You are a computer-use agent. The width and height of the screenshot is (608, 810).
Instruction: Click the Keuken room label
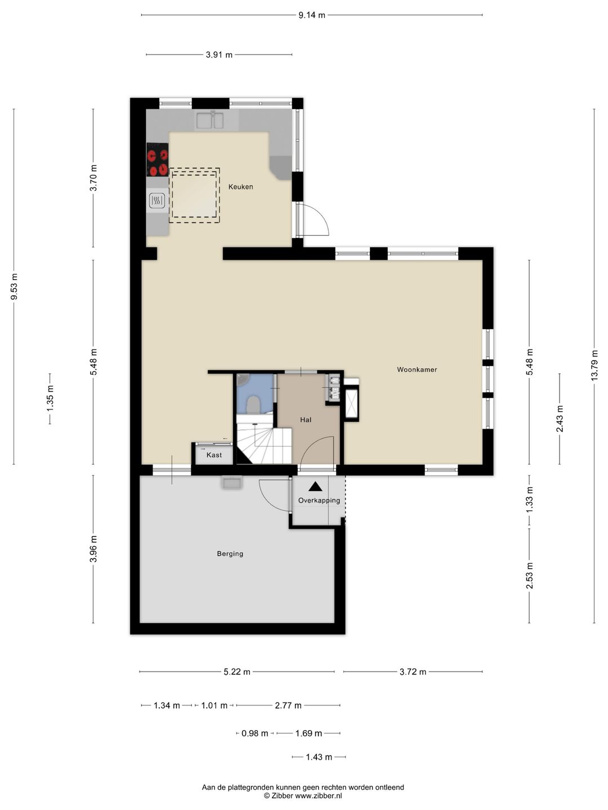[x=241, y=187]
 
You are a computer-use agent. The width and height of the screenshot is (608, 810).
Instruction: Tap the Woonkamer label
[x=417, y=370]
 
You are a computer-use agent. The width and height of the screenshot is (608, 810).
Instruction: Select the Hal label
[x=306, y=420]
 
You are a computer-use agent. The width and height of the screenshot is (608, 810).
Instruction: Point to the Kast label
[x=214, y=455]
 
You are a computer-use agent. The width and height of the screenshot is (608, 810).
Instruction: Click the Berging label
[x=230, y=553]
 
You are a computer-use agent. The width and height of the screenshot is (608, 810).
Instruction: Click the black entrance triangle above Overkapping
[x=315, y=487]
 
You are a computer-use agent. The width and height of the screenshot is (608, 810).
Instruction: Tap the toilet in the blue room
[x=253, y=404]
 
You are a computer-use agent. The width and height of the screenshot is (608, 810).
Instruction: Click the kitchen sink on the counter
[x=209, y=120]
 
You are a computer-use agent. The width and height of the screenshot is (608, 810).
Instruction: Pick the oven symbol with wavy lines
[x=157, y=201]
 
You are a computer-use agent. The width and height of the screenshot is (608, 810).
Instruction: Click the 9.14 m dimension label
[x=312, y=15]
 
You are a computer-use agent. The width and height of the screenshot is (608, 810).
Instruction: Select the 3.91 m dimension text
[x=220, y=55]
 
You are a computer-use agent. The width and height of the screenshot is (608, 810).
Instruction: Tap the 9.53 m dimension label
[x=15, y=287]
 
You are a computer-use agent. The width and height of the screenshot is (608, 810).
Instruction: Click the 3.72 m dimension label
[x=413, y=672]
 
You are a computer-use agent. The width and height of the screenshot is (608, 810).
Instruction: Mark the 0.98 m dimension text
[x=254, y=733]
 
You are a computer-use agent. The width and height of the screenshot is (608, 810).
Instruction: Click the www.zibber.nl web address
[x=319, y=795]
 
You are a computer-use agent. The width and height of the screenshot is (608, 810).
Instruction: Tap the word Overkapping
[x=319, y=501]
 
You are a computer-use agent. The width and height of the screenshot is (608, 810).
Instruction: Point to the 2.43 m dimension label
[x=560, y=418]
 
